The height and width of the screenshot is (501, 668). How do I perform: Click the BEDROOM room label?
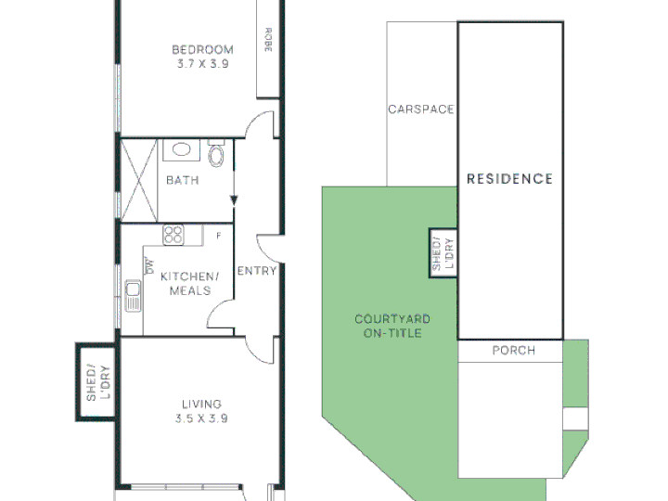[x=203, y=50]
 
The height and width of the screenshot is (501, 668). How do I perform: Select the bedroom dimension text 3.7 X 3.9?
[x=203, y=64]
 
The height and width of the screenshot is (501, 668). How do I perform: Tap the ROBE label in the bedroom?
[x=268, y=40]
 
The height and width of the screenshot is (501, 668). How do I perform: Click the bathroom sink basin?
[x=182, y=149]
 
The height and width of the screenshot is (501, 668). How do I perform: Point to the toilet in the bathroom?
[x=216, y=153]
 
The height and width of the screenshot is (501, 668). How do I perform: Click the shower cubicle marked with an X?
[x=139, y=180]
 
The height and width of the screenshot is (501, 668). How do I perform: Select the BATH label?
[x=183, y=180]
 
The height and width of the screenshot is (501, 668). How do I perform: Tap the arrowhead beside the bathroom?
[x=234, y=200]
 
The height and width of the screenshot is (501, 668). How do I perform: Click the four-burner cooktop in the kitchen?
[x=173, y=235]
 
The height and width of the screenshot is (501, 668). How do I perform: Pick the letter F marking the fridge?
[x=219, y=236]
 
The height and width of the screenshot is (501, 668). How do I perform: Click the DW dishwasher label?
[x=149, y=265]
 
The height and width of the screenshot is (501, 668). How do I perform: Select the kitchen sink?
[x=133, y=296]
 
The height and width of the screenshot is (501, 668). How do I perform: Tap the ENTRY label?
[x=257, y=271]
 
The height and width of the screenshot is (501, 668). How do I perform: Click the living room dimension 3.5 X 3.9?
[x=201, y=418]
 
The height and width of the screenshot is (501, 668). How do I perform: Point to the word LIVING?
[x=201, y=404]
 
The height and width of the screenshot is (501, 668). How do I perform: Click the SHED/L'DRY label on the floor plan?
[x=98, y=382]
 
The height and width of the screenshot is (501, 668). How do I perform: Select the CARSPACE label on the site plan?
[x=421, y=109]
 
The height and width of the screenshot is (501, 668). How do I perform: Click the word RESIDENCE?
[x=510, y=179]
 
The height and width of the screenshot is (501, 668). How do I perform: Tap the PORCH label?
[x=514, y=351]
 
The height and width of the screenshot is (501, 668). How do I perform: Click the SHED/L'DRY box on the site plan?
[x=443, y=253]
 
